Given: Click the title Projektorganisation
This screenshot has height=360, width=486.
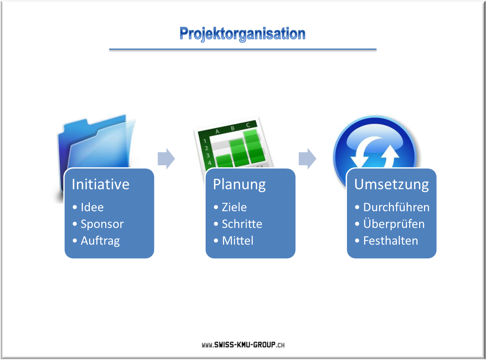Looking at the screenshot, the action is click(242, 34).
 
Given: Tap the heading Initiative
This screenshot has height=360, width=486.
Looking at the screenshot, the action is click(101, 184).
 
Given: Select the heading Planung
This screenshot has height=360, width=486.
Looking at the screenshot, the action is click(239, 185).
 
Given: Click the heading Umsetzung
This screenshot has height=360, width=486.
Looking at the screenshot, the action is click(391, 185).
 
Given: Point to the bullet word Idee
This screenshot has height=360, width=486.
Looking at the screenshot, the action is click(92, 207).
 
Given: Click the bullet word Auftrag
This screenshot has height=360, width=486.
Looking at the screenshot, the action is click(100, 241).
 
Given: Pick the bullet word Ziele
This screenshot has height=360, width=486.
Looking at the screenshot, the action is click(234, 207).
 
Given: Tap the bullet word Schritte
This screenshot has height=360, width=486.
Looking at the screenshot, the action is click(242, 224).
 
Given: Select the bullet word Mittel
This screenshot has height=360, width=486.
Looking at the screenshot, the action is click(238, 241).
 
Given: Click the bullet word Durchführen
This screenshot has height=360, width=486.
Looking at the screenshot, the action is click(396, 207).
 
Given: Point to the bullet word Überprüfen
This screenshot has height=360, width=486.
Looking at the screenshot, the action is click(394, 224).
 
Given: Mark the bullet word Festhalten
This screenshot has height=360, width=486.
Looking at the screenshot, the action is click(391, 241).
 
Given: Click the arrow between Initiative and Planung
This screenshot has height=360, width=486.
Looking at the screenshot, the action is click(166, 159).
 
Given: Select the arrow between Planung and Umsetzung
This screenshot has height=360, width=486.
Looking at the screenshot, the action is click(307, 159).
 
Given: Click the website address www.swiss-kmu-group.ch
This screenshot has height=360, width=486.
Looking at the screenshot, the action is click(243, 345).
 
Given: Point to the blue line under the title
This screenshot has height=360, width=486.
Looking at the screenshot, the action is click(243, 50).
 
